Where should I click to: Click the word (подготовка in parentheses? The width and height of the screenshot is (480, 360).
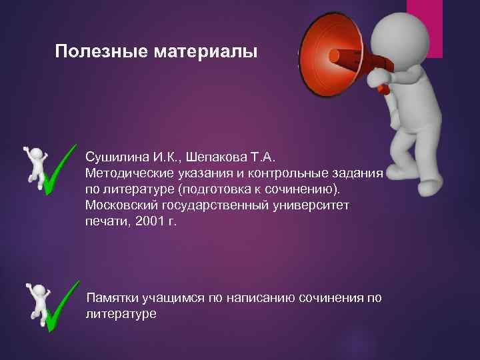[x=209, y=189]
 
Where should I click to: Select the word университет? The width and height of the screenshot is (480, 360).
[x=313, y=205]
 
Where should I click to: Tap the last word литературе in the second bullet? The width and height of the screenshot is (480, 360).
[x=121, y=313]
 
